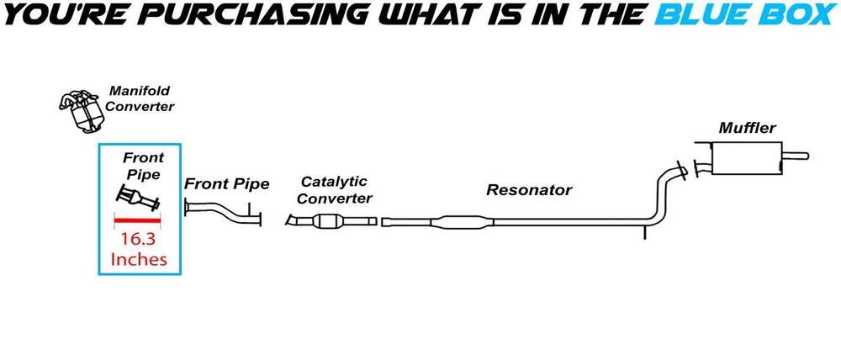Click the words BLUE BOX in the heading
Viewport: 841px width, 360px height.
[744, 15]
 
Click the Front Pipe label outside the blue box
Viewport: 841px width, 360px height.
[226, 183]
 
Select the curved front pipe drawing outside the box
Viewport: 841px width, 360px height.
[223, 213]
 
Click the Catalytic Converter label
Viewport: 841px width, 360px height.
[335, 189]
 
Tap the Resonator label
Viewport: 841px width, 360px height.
[528, 190]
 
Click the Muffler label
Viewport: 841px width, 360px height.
[747, 129]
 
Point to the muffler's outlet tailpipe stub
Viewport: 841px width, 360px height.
[796, 156]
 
